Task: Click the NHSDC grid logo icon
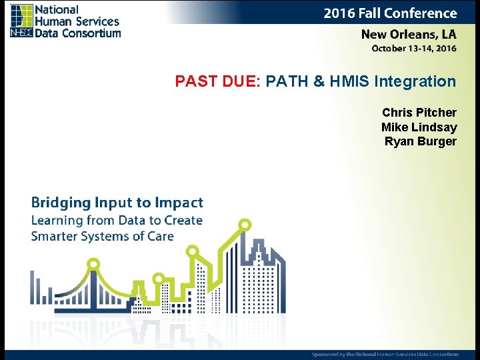(x=21, y=20)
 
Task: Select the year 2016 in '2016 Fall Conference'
(x=339, y=13)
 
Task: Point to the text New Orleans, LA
(x=408, y=34)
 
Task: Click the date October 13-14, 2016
(x=413, y=48)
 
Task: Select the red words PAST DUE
(x=216, y=82)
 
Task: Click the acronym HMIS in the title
(x=349, y=82)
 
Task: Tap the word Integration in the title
(x=415, y=82)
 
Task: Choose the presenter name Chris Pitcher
(x=419, y=113)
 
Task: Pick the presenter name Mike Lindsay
(x=419, y=127)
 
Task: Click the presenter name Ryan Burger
(x=420, y=141)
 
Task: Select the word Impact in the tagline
(x=179, y=203)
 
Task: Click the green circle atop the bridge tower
(x=93, y=264)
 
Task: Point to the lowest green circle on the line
(x=158, y=279)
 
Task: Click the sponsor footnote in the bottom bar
(x=385, y=354)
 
